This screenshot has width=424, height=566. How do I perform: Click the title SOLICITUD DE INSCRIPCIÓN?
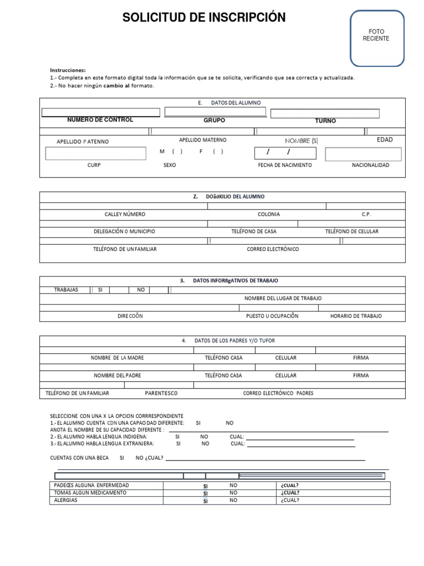[x=204, y=18]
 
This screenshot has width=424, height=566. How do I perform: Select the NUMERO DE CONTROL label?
[x=100, y=120]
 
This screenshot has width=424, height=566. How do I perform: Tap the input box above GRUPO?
[x=215, y=112]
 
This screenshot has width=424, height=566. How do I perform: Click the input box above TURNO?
[x=325, y=113]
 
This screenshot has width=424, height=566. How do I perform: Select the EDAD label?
[x=385, y=140]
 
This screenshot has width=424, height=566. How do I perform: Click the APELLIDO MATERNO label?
[x=203, y=140]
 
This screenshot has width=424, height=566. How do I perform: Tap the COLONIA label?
[x=268, y=214]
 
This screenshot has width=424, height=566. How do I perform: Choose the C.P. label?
[x=367, y=214]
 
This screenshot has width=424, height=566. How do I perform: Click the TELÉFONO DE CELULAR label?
[x=352, y=232]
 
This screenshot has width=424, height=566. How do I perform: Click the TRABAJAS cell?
[x=66, y=290]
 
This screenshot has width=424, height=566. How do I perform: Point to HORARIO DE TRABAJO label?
[x=356, y=316]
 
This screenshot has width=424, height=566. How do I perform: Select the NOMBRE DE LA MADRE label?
[x=117, y=358]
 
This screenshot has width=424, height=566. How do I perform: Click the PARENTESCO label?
[x=161, y=394]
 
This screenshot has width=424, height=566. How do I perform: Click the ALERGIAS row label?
[x=66, y=500]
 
